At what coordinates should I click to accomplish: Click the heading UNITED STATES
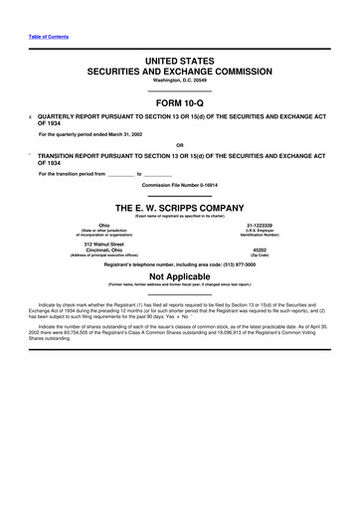[x=179, y=63]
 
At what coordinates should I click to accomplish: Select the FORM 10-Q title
[x=179, y=101]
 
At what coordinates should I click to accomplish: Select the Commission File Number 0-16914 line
[x=179, y=187]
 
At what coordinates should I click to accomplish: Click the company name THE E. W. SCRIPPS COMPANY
[x=179, y=207]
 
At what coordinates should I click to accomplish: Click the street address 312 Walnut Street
[x=103, y=244]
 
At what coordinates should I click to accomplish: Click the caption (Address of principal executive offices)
[x=103, y=255]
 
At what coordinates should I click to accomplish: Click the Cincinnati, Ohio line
[x=103, y=250]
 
